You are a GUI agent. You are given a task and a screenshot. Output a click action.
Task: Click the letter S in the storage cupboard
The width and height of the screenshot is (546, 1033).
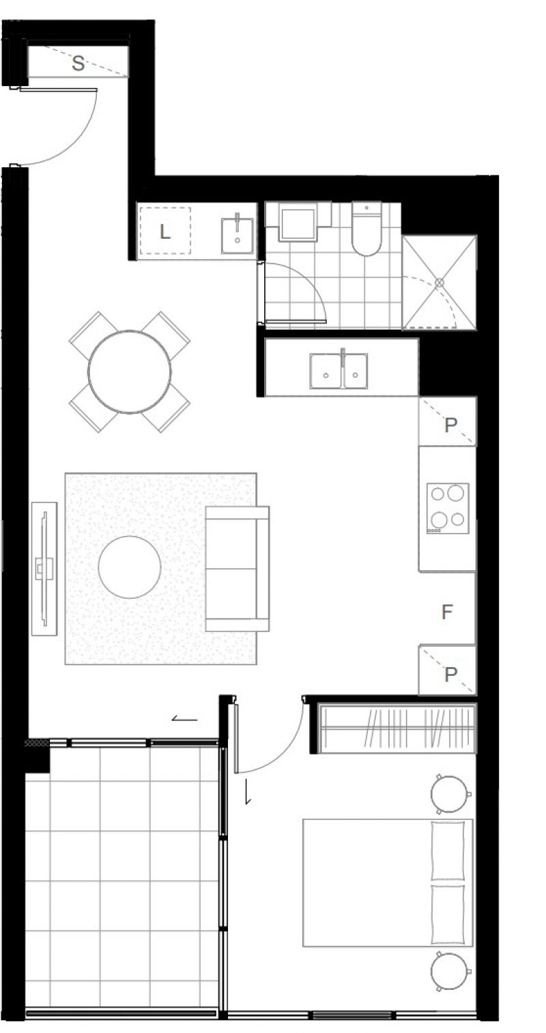[78, 63]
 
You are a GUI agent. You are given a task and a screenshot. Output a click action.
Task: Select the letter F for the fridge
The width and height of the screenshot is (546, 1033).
[446, 612]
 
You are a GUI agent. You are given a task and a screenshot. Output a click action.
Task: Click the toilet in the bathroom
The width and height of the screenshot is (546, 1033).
[366, 229]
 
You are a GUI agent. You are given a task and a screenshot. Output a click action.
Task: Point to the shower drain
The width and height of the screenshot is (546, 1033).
[439, 282]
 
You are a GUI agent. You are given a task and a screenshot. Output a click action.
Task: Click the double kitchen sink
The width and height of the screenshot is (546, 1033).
[339, 371]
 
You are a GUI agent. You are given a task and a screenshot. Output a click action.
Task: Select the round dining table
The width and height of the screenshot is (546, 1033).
[130, 371]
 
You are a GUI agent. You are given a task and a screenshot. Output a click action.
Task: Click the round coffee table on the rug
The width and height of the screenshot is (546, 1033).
[130, 567]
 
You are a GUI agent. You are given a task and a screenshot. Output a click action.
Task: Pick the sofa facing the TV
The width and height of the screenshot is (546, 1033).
[237, 568]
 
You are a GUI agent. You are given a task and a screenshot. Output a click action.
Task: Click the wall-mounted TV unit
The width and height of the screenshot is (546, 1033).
[44, 569]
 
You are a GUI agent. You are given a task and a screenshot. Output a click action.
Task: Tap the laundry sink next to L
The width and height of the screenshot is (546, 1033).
[237, 235]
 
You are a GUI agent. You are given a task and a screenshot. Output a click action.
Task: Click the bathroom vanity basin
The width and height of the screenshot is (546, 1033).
[298, 224]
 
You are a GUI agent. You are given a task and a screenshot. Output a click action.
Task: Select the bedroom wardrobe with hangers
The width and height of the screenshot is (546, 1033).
[397, 729]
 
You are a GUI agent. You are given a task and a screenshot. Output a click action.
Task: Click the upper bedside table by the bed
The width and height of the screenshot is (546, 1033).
[450, 793]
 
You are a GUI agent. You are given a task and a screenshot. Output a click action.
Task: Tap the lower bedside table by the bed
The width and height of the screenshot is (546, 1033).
[450, 971]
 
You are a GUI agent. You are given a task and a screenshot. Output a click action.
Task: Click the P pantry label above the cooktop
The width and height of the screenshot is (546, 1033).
[450, 425]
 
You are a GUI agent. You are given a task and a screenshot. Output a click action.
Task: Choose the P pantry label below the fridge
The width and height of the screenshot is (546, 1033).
[450, 675]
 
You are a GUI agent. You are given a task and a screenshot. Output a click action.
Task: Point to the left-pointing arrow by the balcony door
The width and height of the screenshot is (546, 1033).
[184, 718]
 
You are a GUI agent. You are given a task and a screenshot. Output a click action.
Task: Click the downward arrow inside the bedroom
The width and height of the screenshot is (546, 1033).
[248, 791]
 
